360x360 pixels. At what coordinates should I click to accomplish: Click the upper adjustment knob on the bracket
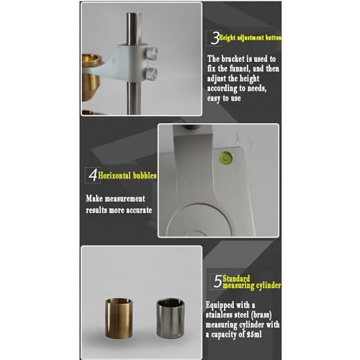(152, 53)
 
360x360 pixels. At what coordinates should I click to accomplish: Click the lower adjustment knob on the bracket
(152, 73)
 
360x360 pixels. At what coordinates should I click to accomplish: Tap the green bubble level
(225, 158)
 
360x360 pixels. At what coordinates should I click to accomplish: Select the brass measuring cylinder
(119, 318)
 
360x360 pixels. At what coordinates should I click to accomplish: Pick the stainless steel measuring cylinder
(171, 318)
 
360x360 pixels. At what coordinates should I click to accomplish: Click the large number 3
(215, 38)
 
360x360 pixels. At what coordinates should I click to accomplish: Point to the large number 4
(93, 175)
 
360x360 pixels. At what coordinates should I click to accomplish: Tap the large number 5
(218, 282)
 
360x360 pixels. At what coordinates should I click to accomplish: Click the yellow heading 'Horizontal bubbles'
(127, 176)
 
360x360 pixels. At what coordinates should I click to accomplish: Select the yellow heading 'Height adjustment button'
(250, 37)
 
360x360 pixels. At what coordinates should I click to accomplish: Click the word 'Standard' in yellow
(236, 279)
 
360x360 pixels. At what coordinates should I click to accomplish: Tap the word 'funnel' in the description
(239, 69)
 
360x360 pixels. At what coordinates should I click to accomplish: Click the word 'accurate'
(139, 210)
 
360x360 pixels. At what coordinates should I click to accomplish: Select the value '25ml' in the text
(254, 334)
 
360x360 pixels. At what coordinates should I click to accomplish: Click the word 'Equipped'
(220, 305)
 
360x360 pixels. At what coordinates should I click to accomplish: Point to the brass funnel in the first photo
(91, 77)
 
